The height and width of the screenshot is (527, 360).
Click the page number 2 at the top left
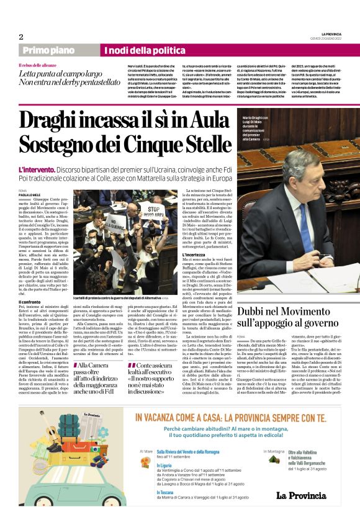pos(21,37)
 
